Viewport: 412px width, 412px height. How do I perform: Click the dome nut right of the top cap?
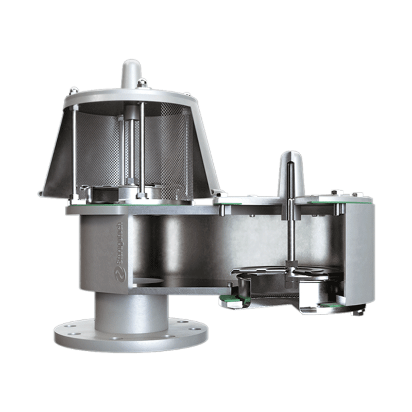(x=144, y=82)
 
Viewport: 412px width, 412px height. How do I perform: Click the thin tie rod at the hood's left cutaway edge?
(x=77, y=149)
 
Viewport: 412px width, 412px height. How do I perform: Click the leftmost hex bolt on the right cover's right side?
(x=335, y=193)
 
